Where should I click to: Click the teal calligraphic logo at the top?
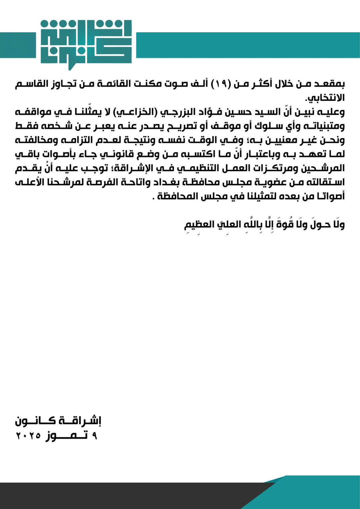pyautogui.click(x=86, y=43)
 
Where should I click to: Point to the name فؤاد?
pyautogui.click(x=210, y=112)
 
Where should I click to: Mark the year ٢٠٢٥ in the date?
pyautogui.click(x=28, y=435)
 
